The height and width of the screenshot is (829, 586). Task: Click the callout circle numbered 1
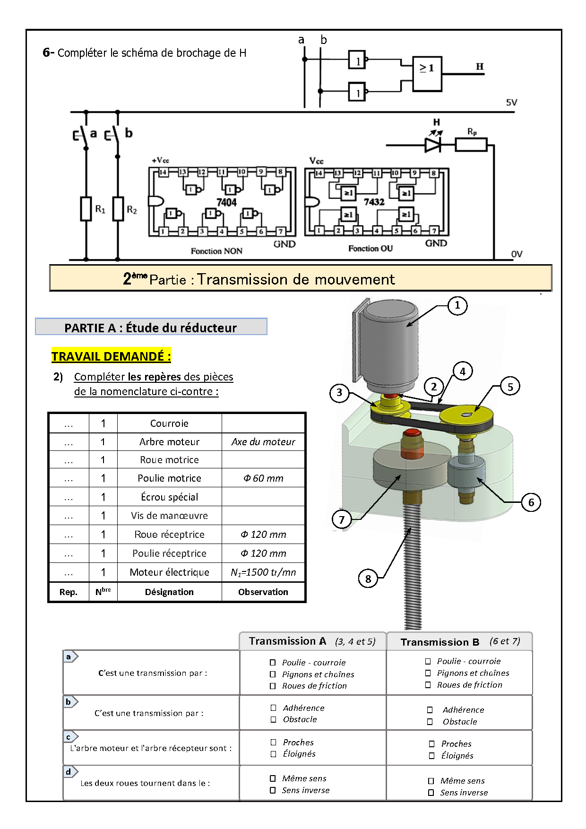click(457, 305)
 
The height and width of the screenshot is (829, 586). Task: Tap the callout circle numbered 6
click(531, 502)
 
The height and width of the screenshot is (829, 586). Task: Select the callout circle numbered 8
click(368, 579)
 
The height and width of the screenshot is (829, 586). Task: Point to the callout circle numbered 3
click(339, 392)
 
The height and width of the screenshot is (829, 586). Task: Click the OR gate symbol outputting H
click(427, 74)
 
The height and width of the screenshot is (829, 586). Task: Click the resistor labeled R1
click(86, 209)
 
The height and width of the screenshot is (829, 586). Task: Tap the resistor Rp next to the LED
click(471, 145)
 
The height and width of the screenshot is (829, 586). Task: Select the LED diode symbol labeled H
click(432, 145)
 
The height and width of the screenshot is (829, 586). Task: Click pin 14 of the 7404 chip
click(163, 172)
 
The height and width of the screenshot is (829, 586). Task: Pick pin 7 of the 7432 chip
click(434, 231)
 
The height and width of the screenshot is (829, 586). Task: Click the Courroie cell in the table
click(169, 423)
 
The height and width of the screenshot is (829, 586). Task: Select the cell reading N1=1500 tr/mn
click(263, 572)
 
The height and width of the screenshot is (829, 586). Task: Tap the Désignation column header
click(169, 592)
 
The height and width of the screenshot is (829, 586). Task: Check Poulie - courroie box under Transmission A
click(273, 663)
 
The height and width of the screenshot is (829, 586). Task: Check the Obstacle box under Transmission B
click(430, 722)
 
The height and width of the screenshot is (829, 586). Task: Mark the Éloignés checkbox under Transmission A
click(273, 754)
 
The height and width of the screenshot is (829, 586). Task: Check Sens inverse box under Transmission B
click(431, 793)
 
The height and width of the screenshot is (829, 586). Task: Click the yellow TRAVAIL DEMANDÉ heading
click(111, 356)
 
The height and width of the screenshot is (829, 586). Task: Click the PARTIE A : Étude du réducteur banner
click(151, 327)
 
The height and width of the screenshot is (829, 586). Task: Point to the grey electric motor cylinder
click(390, 340)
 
